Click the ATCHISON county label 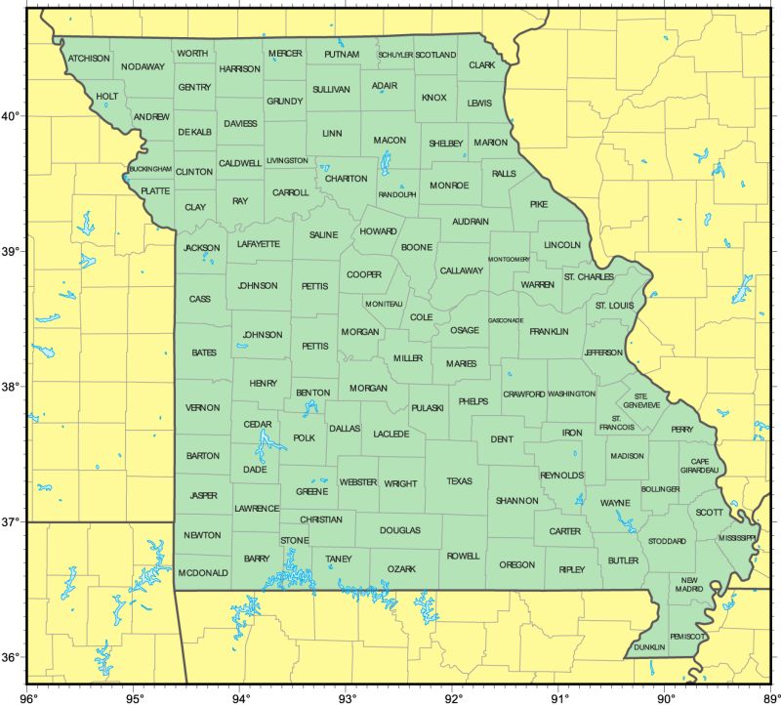(89, 59)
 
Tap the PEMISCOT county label (689, 637)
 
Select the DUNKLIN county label (649, 647)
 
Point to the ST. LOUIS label (614, 306)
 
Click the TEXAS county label (459, 481)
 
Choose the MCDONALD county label (203, 572)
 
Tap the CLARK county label (482, 65)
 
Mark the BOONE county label (416, 248)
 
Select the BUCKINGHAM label (149, 169)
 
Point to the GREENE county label (311, 492)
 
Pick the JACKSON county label (201, 248)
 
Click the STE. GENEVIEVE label (643, 400)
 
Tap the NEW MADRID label (691, 584)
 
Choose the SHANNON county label (516, 501)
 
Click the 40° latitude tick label (11, 117)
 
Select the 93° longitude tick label (347, 697)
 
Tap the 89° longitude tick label (770, 697)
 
